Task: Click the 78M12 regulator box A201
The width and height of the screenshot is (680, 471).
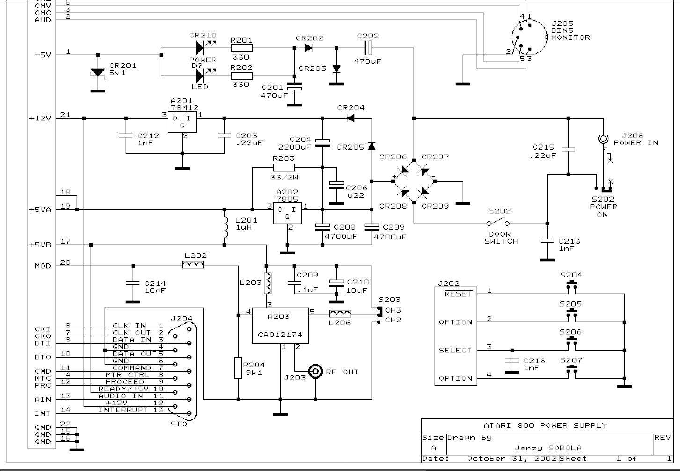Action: pyautogui.click(x=182, y=121)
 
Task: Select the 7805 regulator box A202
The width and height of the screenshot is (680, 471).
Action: pyautogui.click(x=287, y=213)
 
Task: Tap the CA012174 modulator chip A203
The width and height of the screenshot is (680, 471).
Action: pyautogui.click(x=280, y=326)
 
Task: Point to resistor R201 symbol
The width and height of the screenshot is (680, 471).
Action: pyautogui.click(x=241, y=47)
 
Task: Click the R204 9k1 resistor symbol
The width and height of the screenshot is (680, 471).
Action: pyautogui.click(x=239, y=367)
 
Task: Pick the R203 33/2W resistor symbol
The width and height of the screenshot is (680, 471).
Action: pyautogui.click(x=284, y=167)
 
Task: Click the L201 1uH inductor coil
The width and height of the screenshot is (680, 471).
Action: pyautogui.click(x=225, y=227)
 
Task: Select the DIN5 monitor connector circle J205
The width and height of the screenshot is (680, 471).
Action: pyautogui.click(x=528, y=37)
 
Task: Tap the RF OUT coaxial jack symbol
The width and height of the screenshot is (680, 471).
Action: pyautogui.click(x=316, y=372)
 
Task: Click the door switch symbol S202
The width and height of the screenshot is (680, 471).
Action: pyautogui.click(x=499, y=224)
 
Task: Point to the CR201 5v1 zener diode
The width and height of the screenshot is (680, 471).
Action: pyautogui.click(x=98, y=73)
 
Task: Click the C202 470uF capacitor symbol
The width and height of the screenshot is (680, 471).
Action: pyautogui.click(x=368, y=47)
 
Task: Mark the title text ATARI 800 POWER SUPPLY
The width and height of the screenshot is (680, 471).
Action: pyautogui.click(x=545, y=426)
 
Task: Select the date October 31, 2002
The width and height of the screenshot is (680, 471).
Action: pyautogui.click(x=511, y=459)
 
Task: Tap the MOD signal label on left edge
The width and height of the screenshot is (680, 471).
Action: pyautogui.click(x=43, y=266)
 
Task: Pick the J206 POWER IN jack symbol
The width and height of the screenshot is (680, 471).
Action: pyautogui.click(x=603, y=139)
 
